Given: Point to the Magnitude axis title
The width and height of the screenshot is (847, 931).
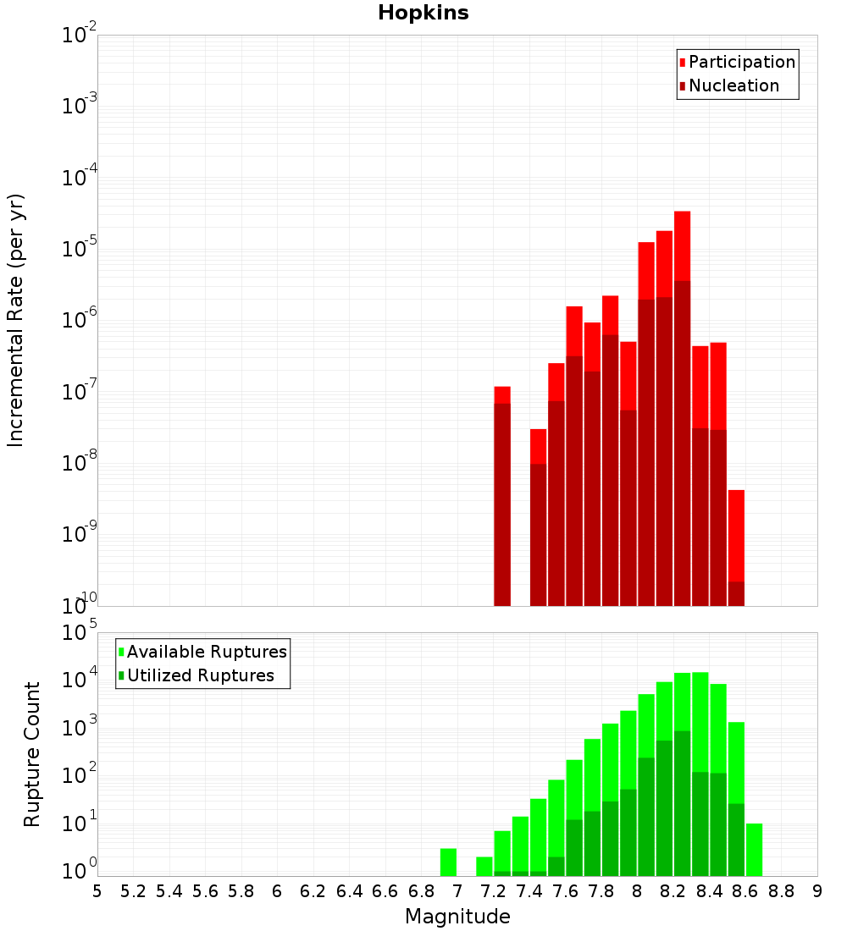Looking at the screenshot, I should [457, 917].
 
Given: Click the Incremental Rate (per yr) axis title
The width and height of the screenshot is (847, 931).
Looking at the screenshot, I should [16, 321].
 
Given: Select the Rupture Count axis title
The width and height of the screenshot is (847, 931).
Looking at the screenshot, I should [32, 754].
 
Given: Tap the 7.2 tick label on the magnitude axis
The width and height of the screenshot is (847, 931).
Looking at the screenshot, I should [493, 891].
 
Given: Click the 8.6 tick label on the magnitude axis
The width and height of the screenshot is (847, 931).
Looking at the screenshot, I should [745, 891].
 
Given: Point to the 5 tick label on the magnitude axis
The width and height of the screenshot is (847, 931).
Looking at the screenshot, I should [97, 891].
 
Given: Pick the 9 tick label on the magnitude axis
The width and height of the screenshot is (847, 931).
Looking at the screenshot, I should [817, 891].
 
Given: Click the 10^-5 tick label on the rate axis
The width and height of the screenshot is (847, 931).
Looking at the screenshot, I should [80, 249].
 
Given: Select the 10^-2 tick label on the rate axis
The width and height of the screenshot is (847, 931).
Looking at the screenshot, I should [80, 36].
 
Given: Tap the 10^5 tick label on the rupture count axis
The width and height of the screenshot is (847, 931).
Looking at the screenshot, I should [80, 632].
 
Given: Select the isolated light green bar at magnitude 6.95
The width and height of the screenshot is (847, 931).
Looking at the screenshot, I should [448, 862].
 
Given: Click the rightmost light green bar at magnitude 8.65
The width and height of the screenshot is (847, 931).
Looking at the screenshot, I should [754, 849].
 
